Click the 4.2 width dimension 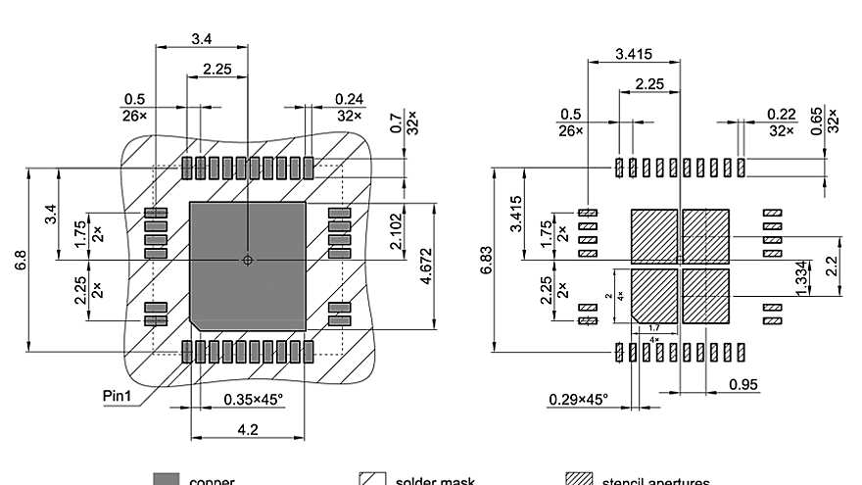coord(248,428)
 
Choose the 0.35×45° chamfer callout coord(253,399)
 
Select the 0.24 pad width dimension coord(349,99)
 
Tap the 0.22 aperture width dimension coord(780,114)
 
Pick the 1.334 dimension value coord(800,277)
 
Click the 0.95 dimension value coord(743,384)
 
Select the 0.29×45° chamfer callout coord(578,399)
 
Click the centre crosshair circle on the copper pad coord(248,260)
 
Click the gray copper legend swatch coord(167,479)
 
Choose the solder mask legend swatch coord(371,479)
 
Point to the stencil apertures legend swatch coord(581,479)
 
